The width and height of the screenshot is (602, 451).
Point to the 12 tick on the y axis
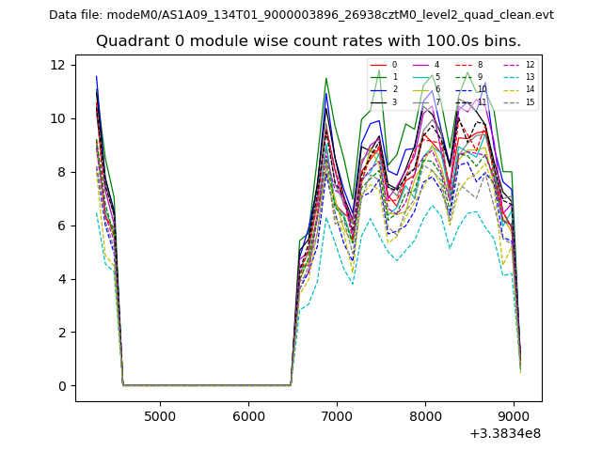point(58,65)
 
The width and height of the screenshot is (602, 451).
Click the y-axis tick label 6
point(62,225)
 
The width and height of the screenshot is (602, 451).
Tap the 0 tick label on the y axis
point(62,386)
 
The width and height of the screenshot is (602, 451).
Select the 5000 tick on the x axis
point(160,415)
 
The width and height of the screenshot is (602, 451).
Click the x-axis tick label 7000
point(337,415)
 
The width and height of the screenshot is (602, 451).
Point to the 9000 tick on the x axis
point(514,415)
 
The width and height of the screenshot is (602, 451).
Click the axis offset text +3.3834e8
point(505,433)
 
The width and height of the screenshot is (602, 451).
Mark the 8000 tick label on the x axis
point(425,415)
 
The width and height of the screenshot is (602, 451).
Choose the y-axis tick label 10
point(58,118)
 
